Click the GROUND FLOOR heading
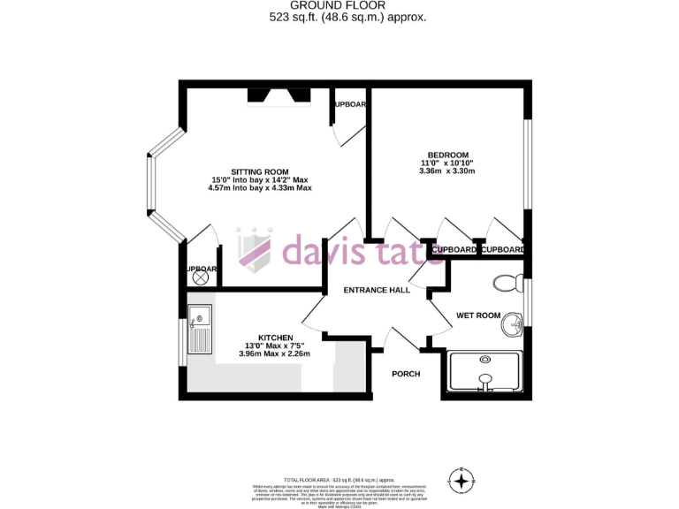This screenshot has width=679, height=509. (x=339, y=5)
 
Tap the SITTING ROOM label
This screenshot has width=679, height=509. (x=260, y=171)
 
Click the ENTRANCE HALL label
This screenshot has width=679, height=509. (x=376, y=291)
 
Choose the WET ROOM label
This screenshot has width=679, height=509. (x=478, y=315)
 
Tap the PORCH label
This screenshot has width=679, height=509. (x=406, y=374)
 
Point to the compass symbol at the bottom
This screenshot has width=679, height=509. (x=461, y=482)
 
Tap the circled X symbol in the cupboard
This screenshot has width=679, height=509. (x=200, y=277)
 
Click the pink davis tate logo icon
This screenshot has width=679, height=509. (x=256, y=247)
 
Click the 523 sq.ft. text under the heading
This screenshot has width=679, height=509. (x=339, y=17)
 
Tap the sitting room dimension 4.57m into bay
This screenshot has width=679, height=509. (x=260, y=188)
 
